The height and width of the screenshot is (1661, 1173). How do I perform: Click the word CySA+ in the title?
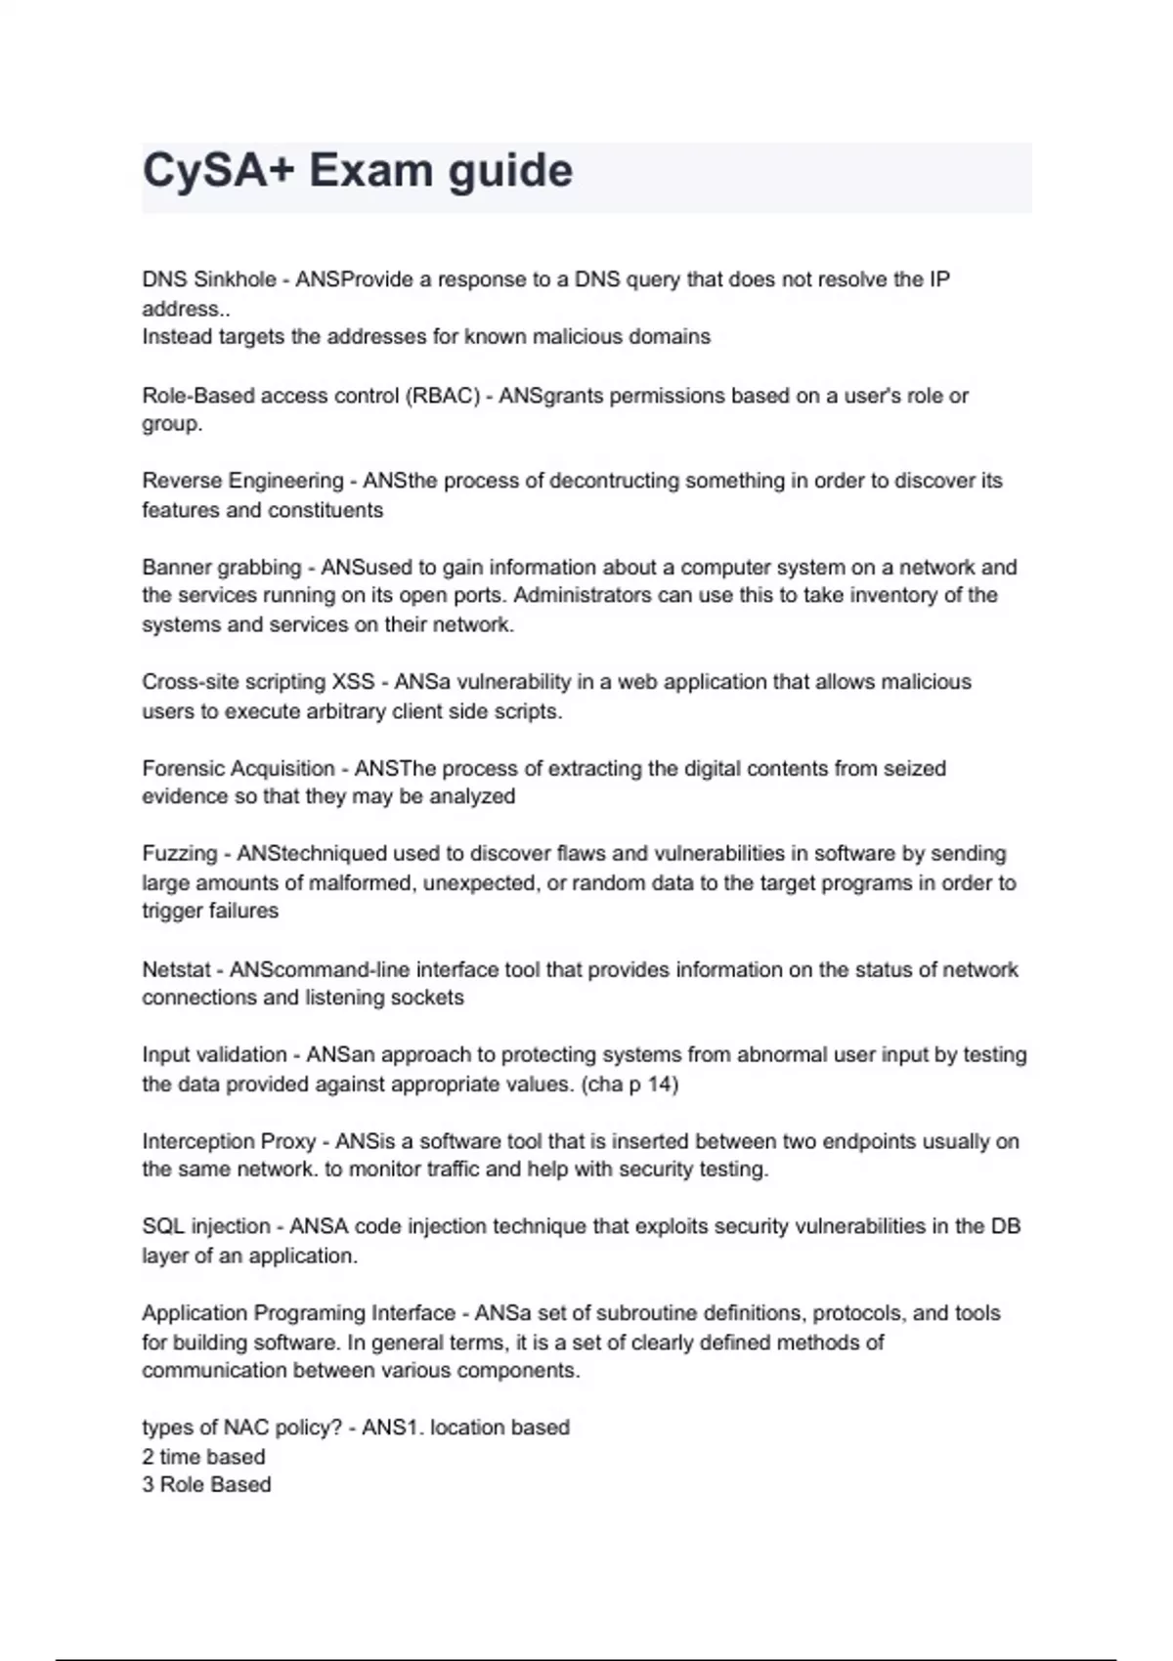click(218, 170)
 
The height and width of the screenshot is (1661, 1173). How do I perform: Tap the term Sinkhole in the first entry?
click(236, 279)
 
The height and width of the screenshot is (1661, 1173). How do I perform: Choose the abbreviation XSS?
click(353, 682)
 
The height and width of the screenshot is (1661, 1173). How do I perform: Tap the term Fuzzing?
click(180, 854)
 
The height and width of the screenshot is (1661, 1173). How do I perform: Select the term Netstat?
click(176, 969)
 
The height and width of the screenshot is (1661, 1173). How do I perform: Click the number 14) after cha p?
click(662, 1084)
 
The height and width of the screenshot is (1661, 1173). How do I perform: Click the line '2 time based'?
click(203, 1457)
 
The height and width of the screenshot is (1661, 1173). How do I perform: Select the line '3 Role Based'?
click(206, 1484)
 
